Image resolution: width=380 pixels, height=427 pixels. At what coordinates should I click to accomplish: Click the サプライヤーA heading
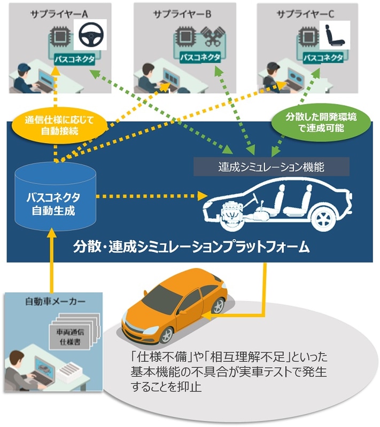click(x=68, y=13)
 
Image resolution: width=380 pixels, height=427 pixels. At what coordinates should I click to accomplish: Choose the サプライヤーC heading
click(x=303, y=13)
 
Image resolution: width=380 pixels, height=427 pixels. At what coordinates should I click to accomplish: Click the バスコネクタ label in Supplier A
click(x=74, y=59)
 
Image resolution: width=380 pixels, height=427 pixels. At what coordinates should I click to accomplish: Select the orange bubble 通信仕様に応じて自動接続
click(x=59, y=125)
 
